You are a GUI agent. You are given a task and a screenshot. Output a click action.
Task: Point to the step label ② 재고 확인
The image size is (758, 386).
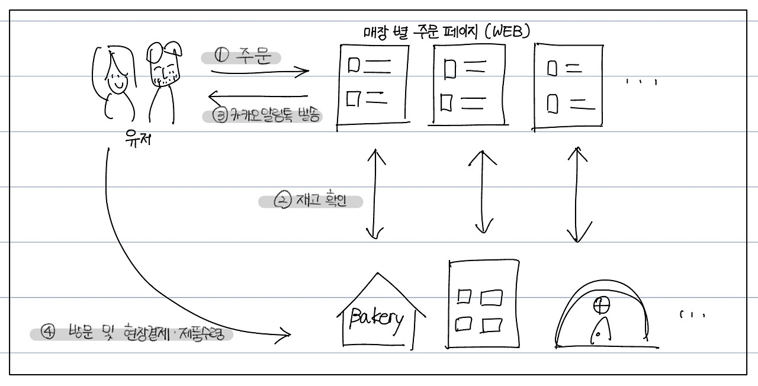coord(311,201)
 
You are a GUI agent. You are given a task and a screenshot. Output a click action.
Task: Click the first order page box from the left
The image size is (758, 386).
coord(372,86)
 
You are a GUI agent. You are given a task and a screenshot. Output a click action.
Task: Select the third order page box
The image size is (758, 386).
coord(568,86)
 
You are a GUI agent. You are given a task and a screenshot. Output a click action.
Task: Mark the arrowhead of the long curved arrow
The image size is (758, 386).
coord(287,335)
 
